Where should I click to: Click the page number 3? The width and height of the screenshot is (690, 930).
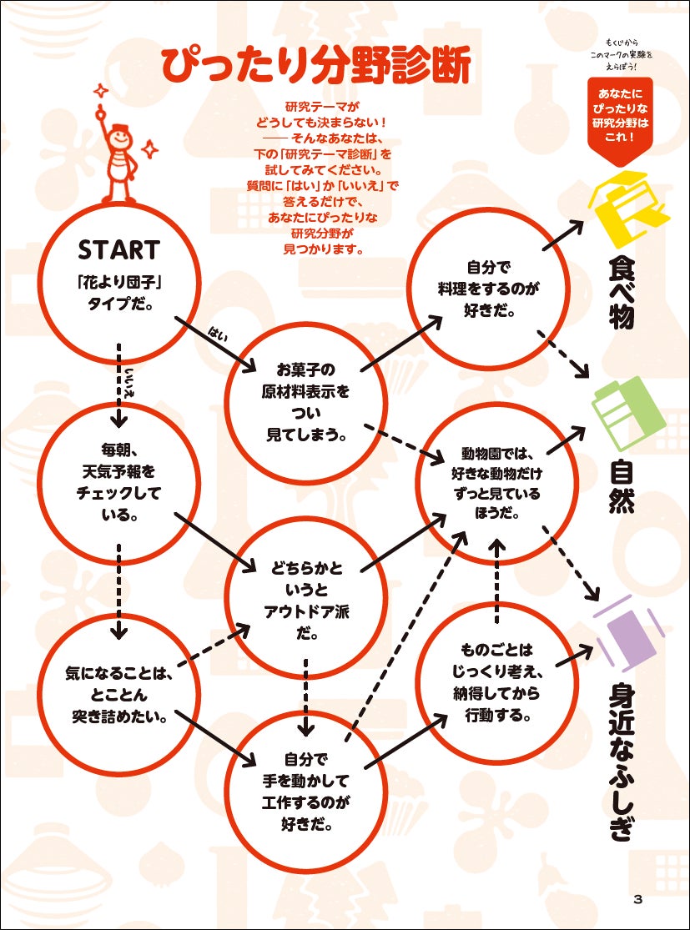pyautogui.click(x=637, y=898)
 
